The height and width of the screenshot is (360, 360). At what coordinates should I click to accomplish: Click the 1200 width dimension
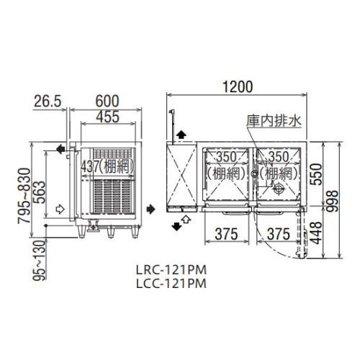(x=238, y=87)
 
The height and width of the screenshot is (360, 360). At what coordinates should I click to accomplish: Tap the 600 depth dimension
(x=107, y=102)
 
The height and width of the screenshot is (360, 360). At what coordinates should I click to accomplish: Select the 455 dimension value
(x=107, y=117)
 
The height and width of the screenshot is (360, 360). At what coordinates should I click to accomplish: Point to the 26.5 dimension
(x=48, y=102)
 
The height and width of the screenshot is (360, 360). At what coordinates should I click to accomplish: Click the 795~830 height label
(x=24, y=196)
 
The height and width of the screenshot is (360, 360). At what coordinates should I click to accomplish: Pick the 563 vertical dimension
(x=39, y=192)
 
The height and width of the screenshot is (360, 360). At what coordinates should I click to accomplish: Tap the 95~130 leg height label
(x=39, y=261)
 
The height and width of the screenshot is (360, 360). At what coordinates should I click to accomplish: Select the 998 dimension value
(x=332, y=201)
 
